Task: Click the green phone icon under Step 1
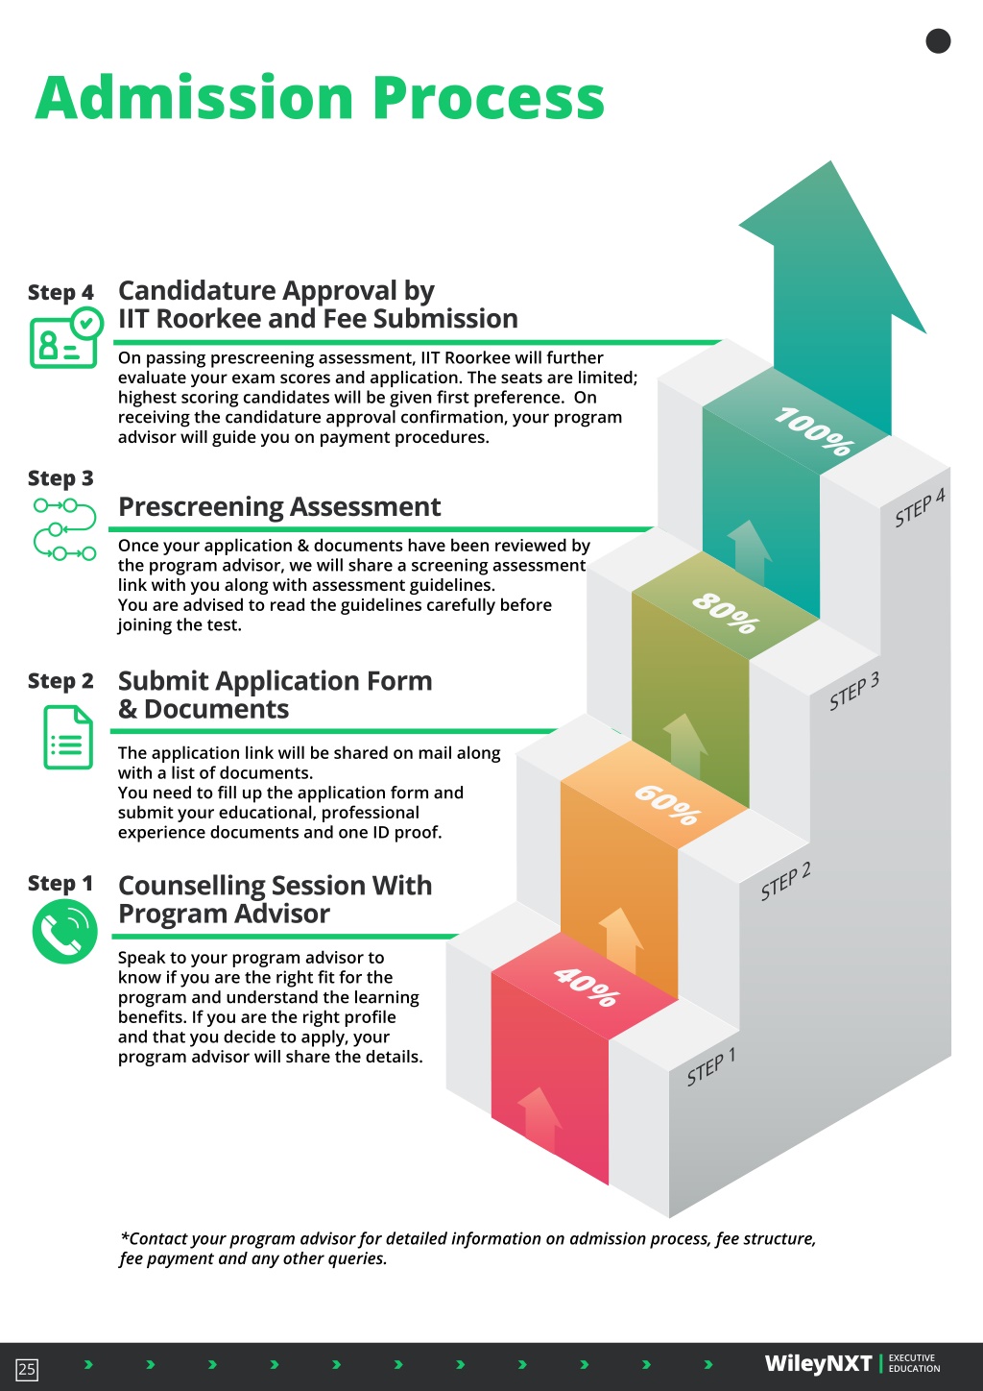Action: (x=64, y=932)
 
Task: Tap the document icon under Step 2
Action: (x=68, y=737)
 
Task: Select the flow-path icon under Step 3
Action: (x=64, y=529)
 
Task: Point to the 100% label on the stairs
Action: (x=814, y=431)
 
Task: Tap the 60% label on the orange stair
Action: (x=667, y=805)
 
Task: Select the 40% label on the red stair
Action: (x=587, y=987)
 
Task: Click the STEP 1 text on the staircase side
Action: (x=711, y=1066)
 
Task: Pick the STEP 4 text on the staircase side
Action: (x=920, y=507)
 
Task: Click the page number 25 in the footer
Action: (x=27, y=1369)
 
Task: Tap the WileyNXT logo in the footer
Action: (x=818, y=1364)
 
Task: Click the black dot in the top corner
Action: (x=938, y=41)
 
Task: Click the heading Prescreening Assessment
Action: (x=279, y=506)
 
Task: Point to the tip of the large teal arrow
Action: (x=831, y=161)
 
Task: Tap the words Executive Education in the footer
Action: (x=914, y=1363)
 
